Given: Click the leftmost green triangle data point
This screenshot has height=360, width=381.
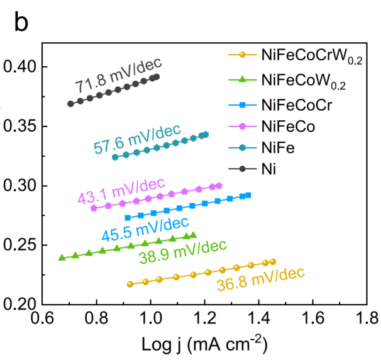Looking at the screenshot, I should click(x=62, y=257).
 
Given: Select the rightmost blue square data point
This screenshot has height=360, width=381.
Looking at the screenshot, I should click(x=248, y=195).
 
